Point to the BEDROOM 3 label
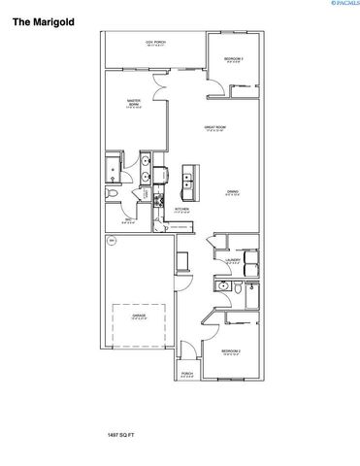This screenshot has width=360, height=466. (x=234, y=60)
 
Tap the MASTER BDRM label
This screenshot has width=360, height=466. (x=136, y=104)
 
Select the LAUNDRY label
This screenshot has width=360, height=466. (x=233, y=261)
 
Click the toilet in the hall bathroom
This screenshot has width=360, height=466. (x=224, y=287)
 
